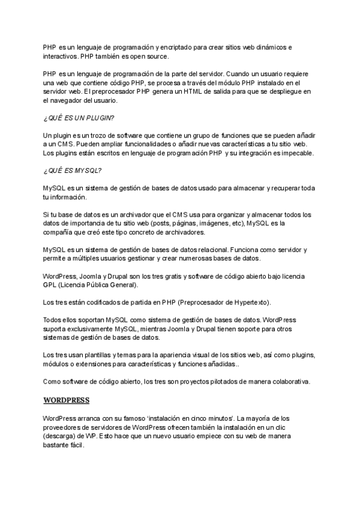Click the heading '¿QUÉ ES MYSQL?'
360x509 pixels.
tap(72, 170)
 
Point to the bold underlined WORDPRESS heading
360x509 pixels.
tap(67, 399)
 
